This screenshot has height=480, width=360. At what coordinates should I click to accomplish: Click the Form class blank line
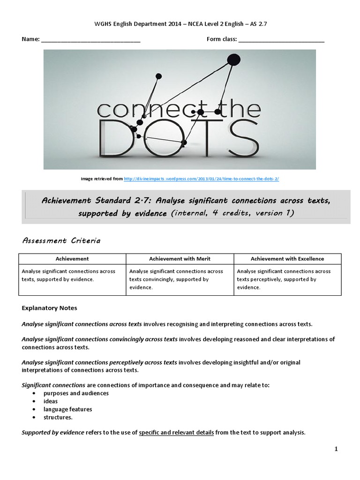pyautogui.click(x=281, y=41)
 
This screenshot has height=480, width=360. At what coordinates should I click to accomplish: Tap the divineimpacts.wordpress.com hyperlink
pyautogui.click(x=202, y=179)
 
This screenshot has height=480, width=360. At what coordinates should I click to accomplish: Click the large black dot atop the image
pyautogui.click(x=232, y=59)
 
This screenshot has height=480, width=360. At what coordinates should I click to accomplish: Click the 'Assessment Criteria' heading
pyautogui.click(x=61, y=241)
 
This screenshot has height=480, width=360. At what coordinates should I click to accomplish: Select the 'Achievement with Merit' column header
pyautogui.click(x=180, y=259)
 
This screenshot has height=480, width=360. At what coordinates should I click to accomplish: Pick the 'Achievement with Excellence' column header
pyautogui.click(x=287, y=259)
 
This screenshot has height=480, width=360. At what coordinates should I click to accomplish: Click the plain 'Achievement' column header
pyautogui.click(x=72, y=259)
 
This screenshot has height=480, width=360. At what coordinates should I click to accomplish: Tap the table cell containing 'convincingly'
pyautogui.click(x=180, y=279)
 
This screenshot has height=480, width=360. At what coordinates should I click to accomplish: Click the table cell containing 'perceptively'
pyautogui.click(x=287, y=279)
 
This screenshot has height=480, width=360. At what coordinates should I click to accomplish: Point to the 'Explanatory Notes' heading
pyautogui.click(x=49, y=308)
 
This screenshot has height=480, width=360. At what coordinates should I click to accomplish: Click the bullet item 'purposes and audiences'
pyautogui.click(x=76, y=393)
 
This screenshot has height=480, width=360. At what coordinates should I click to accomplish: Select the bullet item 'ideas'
pyautogui.click(x=51, y=401)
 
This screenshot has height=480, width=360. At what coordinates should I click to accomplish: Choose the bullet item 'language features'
pyautogui.click(x=67, y=409)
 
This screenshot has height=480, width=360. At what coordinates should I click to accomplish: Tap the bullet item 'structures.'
pyautogui.click(x=58, y=417)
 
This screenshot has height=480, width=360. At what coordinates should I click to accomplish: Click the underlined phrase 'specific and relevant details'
pyautogui.click(x=176, y=433)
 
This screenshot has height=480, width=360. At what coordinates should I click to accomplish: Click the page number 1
pyautogui.click(x=336, y=449)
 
